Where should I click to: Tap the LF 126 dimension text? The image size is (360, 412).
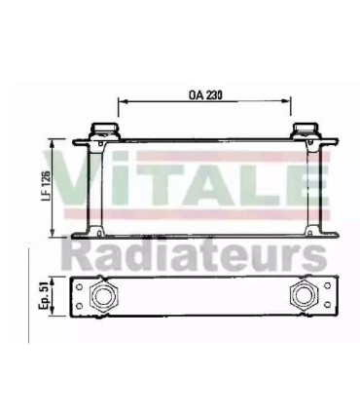(46, 184)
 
